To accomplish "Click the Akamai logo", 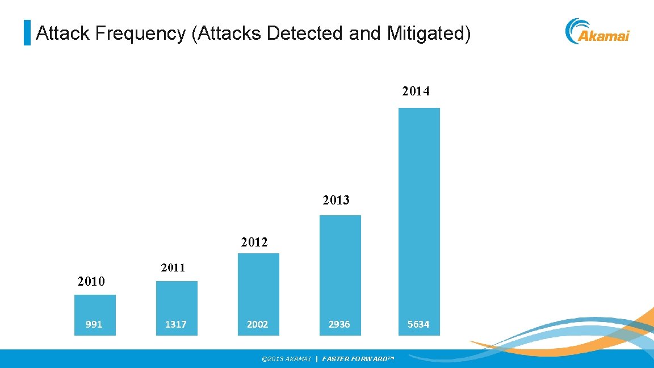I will pos(597,31).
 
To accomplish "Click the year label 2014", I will pos(416,91).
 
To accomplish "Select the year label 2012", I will pos(254,242).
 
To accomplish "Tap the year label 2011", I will pos(173,268).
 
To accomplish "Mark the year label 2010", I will pos(91,281).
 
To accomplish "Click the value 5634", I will pos(418,324).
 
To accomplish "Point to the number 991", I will pos(94,324).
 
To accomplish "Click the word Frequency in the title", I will pos(140,34).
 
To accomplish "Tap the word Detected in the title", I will pos(305,34).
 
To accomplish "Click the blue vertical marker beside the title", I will pos(27,33).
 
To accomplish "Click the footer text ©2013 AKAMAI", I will pos(286,359).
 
